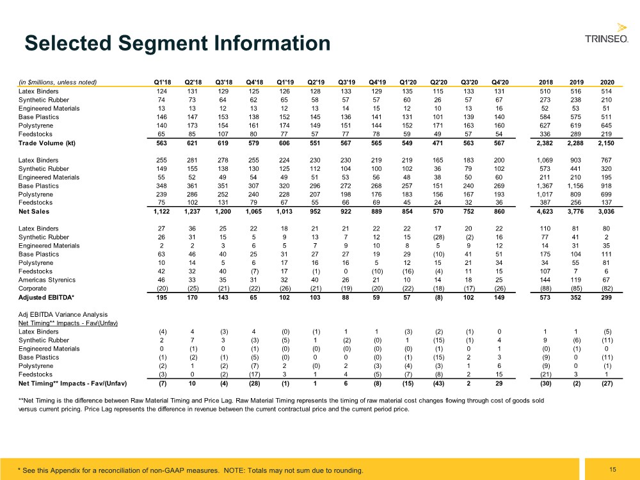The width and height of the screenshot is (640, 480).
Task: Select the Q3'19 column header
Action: click(x=346, y=82)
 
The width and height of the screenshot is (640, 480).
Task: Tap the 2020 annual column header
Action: click(x=607, y=82)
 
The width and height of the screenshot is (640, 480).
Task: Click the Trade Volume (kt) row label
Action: click(x=47, y=143)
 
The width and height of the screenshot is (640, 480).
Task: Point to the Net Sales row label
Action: click(x=33, y=211)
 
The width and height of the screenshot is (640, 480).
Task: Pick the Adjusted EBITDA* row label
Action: click(x=46, y=297)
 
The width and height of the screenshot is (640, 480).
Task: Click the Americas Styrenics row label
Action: click(x=47, y=280)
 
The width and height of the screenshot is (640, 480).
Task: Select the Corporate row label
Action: click(x=32, y=288)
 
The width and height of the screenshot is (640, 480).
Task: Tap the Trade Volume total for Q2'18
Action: click(x=192, y=143)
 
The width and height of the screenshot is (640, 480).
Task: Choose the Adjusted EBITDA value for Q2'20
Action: click(x=438, y=298)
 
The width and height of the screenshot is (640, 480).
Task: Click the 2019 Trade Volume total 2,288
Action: click(x=575, y=143)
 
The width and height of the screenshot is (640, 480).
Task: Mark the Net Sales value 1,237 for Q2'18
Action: click(x=192, y=211)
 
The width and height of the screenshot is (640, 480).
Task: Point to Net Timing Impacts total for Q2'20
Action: click(x=438, y=383)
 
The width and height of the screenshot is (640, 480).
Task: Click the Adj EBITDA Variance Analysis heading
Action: click(x=63, y=314)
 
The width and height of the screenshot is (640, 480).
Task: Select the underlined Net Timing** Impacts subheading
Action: click(x=68, y=323)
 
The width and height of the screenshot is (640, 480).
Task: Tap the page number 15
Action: click(x=612, y=469)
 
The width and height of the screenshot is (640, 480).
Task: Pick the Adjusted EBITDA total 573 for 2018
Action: click(x=545, y=297)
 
